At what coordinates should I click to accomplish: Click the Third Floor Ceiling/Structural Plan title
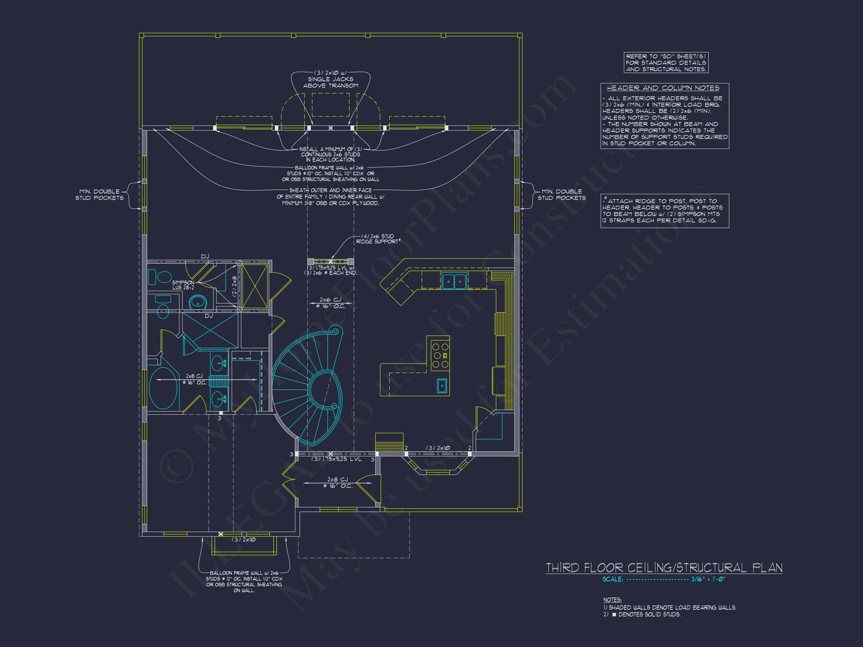664,568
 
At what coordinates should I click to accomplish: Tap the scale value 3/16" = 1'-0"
708,579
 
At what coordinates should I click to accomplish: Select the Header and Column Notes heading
663,88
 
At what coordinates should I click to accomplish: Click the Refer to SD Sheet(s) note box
666,63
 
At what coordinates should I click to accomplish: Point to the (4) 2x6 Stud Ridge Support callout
378,239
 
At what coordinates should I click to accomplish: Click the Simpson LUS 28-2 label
183,285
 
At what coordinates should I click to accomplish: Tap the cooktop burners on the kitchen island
440,355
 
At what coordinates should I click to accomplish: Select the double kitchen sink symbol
454,281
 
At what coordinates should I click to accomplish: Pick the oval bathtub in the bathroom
163,388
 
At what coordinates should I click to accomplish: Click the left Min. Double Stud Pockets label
99,195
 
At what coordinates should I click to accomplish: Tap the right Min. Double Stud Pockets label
561,195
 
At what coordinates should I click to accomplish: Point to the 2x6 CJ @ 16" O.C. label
330,303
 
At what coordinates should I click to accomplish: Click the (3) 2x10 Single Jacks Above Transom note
330,79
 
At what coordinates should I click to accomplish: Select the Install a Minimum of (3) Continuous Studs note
330,154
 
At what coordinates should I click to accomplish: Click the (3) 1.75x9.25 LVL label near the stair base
336,459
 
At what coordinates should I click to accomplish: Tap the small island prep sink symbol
442,386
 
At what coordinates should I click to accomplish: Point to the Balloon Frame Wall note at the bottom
244,581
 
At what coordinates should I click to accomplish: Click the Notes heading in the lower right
612,600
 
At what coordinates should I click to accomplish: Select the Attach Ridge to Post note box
664,210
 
